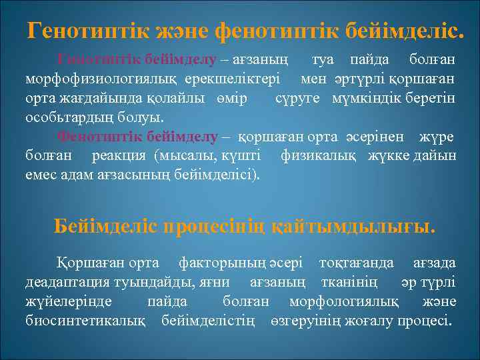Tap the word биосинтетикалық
point(85,321)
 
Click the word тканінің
point(350,282)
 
